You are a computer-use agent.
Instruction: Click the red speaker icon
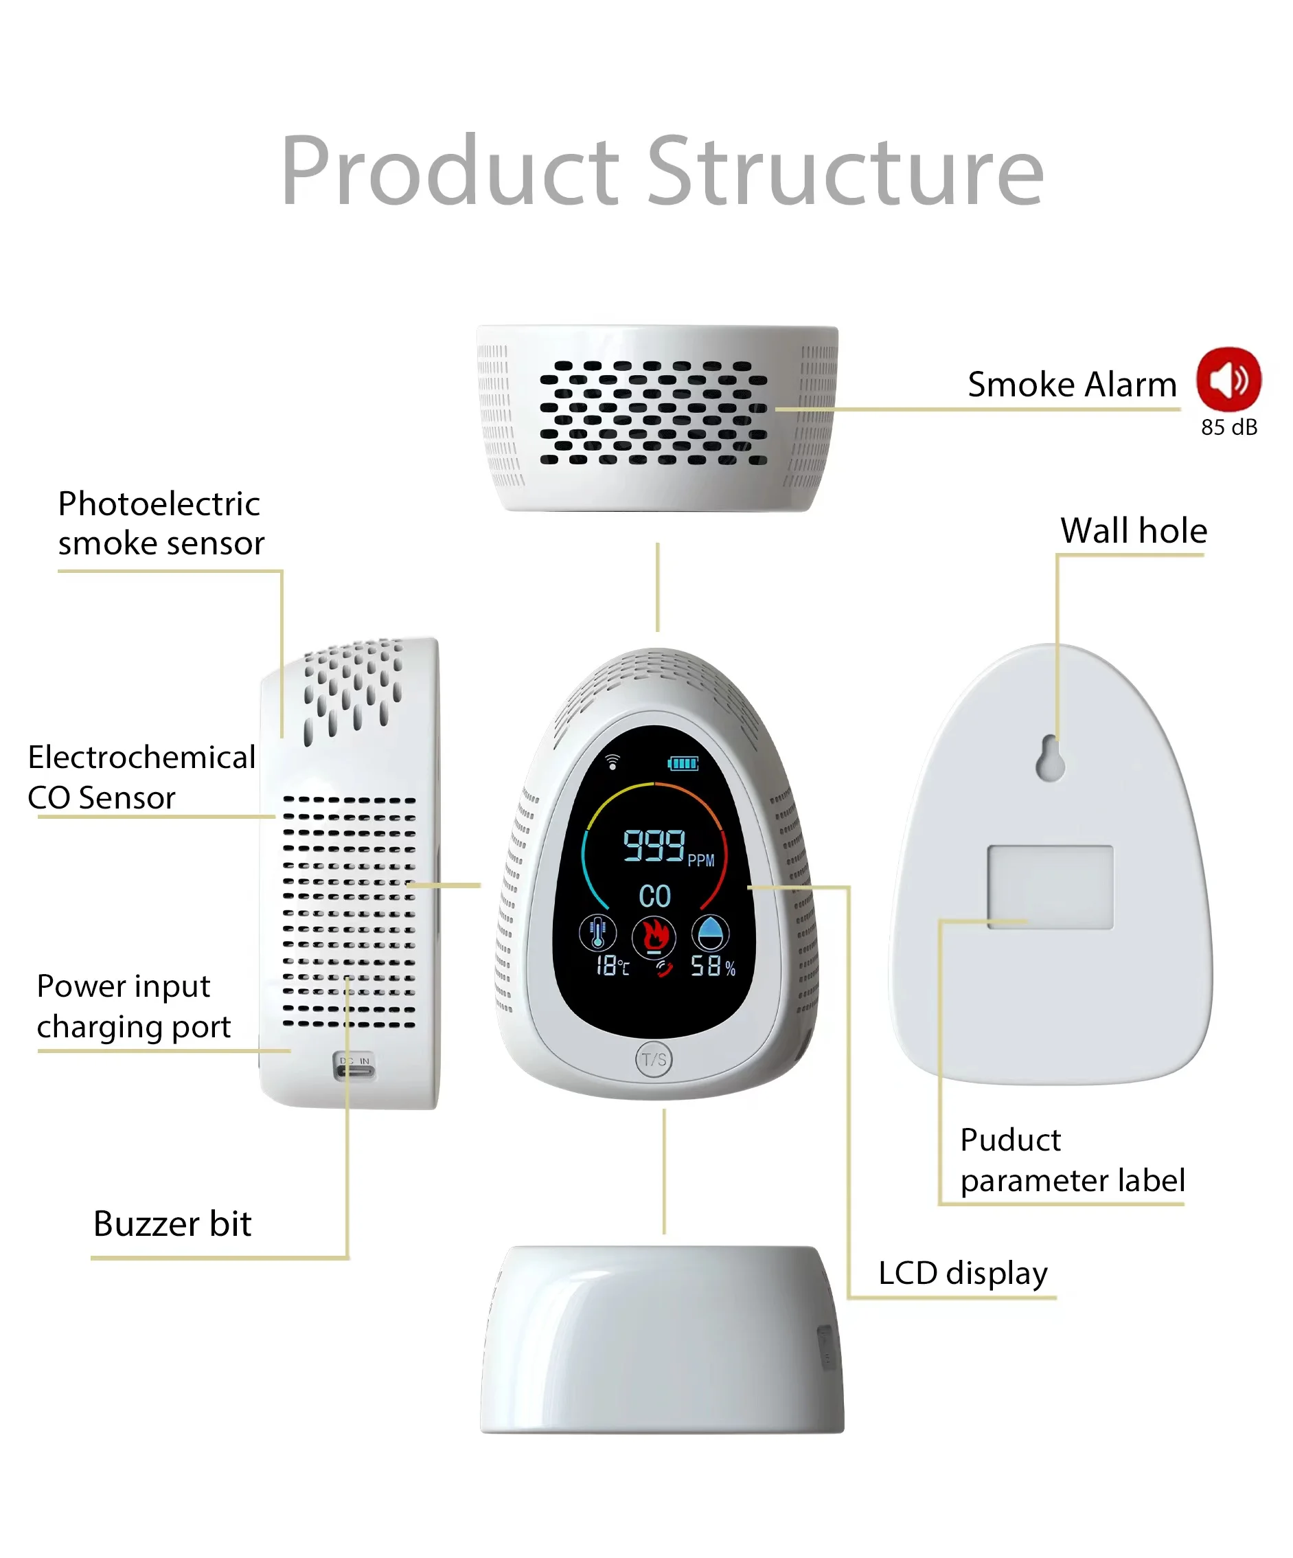coord(1228,379)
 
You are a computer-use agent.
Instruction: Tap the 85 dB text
coord(1228,427)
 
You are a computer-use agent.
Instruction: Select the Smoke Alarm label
coord(1071,384)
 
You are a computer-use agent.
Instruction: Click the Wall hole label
coord(1133,530)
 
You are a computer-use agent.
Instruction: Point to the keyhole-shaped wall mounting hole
coord(1050,758)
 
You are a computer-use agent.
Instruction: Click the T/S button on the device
coord(654,1059)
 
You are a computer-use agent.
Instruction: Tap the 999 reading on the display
coord(653,845)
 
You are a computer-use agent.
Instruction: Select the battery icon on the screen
coord(683,763)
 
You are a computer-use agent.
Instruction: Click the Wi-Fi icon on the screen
coord(613,762)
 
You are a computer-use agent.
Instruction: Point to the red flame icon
coord(653,936)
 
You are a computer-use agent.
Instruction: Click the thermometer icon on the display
coord(597,934)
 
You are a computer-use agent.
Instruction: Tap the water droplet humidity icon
coord(710,934)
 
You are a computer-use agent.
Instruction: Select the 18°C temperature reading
coord(613,966)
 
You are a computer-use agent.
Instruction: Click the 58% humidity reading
coord(713,966)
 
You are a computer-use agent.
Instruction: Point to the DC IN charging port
coord(354,1067)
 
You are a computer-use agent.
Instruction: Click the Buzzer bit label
coord(172,1223)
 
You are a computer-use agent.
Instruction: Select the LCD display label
coord(962,1273)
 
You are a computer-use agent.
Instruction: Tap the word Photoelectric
coord(159,504)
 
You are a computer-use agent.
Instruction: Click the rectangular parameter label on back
coord(1050,887)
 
